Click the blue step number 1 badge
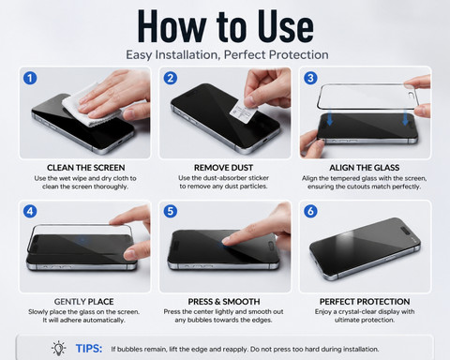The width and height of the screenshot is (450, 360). click(x=30, y=78)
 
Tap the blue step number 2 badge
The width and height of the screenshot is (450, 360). click(x=171, y=78)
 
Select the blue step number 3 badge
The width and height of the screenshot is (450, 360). click(x=310, y=78)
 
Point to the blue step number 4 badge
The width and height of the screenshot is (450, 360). click(x=30, y=211)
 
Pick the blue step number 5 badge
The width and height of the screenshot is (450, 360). click(x=171, y=211)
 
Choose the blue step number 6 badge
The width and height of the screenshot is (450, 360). click(x=310, y=211)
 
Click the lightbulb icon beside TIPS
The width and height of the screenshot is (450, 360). click(x=58, y=348)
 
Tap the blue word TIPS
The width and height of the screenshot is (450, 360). click(x=89, y=349)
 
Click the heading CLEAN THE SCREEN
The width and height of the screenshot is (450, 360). click(x=86, y=168)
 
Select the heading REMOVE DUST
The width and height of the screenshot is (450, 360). click(x=223, y=168)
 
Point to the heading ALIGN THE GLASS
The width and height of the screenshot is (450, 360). click(x=365, y=168)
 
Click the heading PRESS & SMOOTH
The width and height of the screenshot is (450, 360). click(x=224, y=302)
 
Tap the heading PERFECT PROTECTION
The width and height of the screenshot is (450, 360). click(x=365, y=302)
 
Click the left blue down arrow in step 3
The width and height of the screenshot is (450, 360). click(x=329, y=118)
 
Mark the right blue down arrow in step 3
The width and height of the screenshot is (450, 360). click(x=406, y=118)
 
